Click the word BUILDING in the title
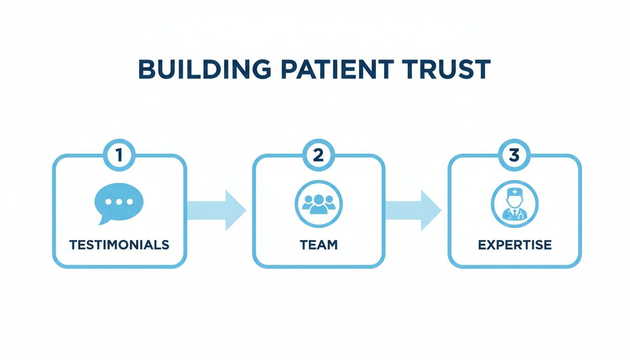pos(204,69)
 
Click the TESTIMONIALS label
pos(119,245)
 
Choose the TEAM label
pos(318,245)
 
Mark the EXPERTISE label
pos(515,245)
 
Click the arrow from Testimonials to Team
pos(217,210)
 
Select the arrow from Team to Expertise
pos(413,210)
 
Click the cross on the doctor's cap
pos(515,192)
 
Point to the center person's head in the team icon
pos(318,198)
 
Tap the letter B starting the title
pos(147,69)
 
